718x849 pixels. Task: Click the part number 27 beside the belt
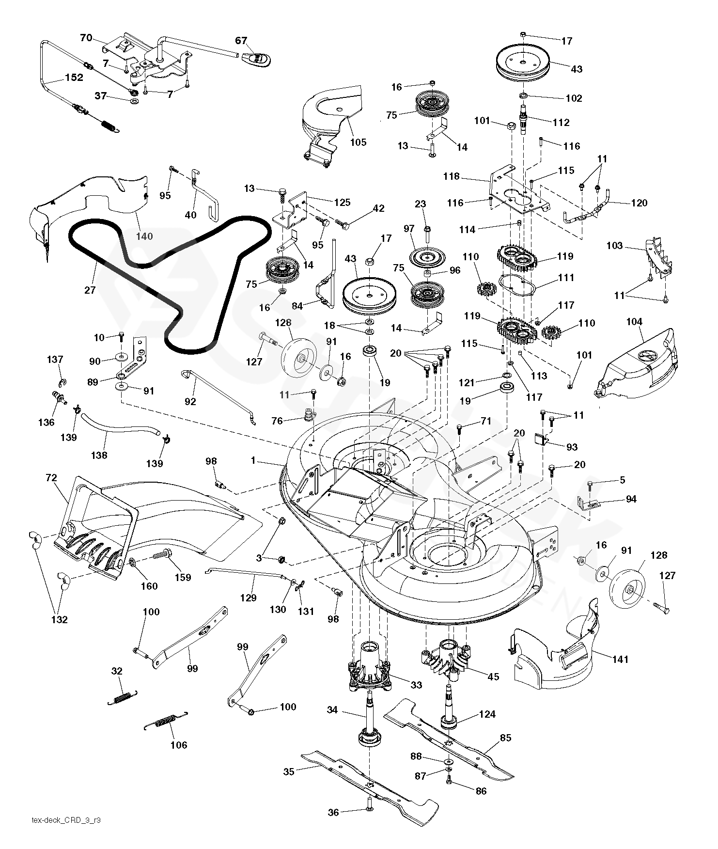click(x=90, y=290)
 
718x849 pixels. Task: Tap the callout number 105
click(x=359, y=142)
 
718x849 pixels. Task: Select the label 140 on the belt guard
click(x=144, y=236)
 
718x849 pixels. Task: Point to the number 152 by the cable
click(x=74, y=78)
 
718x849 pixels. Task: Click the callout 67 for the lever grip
click(x=241, y=41)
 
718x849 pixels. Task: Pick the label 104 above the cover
click(x=634, y=321)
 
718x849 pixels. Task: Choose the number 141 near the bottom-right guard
click(x=620, y=659)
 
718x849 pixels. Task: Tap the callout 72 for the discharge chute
click(x=51, y=478)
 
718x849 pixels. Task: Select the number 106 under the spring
click(x=179, y=745)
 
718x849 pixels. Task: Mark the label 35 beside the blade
click(x=289, y=771)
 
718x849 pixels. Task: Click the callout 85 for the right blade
click(x=505, y=738)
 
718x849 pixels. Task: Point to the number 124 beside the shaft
click(x=487, y=714)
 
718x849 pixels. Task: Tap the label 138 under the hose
click(x=99, y=455)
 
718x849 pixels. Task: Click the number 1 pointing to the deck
click(x=252, y=460)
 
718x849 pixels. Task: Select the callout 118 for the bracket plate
click(x=451, y=176)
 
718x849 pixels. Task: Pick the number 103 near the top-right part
click(x=614, y=246)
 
